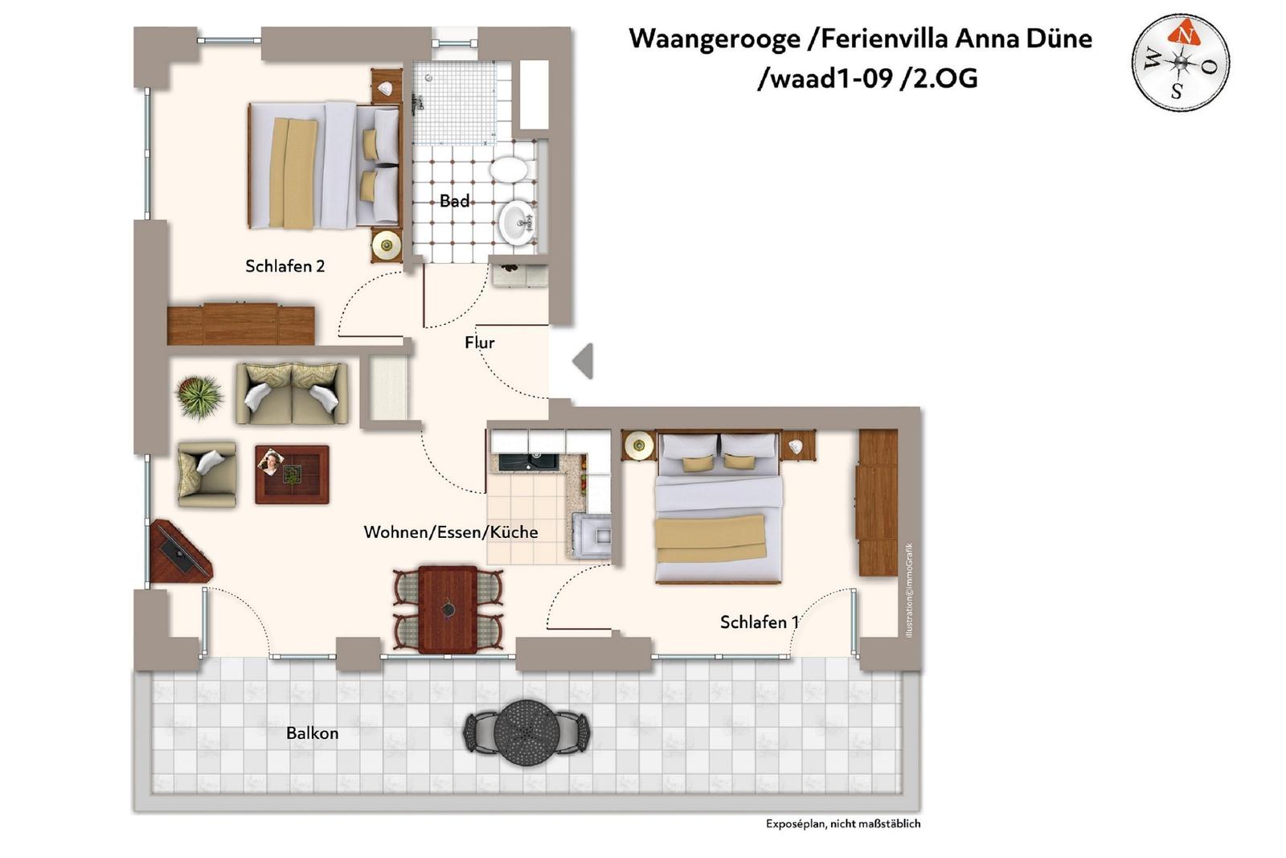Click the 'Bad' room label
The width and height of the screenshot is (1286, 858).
454,201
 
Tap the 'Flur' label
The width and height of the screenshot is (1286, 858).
479,343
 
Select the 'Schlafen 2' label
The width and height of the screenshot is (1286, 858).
285,266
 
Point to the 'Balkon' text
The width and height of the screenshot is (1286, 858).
313,733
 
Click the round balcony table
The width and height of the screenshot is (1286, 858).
526,733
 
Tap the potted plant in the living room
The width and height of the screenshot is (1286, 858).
199,396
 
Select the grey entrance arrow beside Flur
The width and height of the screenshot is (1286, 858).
583,361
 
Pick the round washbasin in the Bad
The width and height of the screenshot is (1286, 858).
518,222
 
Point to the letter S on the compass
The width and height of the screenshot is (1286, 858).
1177,91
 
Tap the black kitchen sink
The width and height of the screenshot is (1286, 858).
528,462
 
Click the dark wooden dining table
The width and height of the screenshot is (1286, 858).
448,610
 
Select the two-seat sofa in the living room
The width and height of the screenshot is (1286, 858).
291,393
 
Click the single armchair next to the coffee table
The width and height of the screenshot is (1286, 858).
207,474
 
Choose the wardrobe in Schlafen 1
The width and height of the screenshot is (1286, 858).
878,503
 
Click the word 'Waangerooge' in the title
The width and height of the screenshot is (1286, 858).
715,39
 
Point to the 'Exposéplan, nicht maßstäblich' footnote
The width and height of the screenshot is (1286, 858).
843,823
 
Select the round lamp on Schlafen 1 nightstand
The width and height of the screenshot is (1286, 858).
639,445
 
